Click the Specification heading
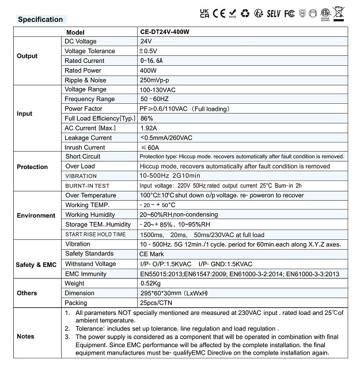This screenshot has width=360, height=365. pos(40,20)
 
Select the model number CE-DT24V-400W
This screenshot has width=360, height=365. pos(164,32)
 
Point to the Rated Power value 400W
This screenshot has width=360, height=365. pos(149,70)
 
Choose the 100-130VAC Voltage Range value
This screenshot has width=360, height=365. pos(157,89)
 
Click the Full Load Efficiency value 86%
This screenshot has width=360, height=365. pos(147,118)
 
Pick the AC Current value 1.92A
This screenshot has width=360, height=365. pos(149,128)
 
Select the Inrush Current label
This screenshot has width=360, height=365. pos(85,147)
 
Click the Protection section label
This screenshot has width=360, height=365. pos(32,167)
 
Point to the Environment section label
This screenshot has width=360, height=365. pos(36,215)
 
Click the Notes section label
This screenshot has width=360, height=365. pos(26,336)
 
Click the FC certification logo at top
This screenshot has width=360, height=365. pos(289,12)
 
